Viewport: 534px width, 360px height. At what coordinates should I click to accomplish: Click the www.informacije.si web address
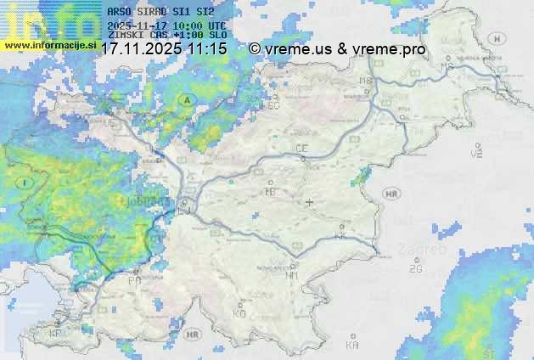50,43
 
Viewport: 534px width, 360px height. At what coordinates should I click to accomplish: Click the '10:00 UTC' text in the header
202,26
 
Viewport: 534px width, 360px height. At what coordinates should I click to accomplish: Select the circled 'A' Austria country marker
185,100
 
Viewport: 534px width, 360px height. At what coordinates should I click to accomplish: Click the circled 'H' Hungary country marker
501,38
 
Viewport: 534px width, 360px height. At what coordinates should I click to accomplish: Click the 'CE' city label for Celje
301,149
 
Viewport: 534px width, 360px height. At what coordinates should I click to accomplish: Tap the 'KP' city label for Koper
56,334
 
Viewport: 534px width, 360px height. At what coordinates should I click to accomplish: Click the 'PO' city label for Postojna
134,280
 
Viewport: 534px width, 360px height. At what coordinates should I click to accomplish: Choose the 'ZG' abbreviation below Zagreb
415,269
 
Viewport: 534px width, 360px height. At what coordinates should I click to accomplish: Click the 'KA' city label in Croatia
352,346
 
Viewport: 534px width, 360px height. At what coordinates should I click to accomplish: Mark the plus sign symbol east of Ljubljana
310,203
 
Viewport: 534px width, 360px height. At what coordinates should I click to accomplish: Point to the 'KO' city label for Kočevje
239,314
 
